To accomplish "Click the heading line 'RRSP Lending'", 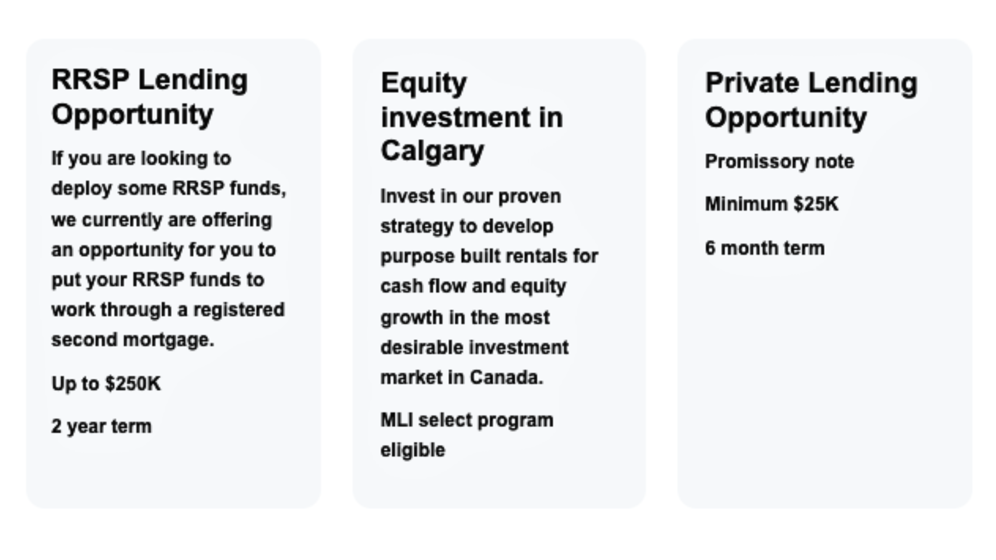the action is click(150, 80).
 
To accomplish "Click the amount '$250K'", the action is click(133, 384).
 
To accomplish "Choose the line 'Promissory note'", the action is click(779, 161).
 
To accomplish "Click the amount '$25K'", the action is click(816, 204).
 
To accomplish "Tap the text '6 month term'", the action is click(765, 248).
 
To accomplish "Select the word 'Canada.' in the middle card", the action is click(506, 377).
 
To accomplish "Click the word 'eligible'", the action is click(413, 450).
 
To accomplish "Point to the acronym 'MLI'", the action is click(397, 420).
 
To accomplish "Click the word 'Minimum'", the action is click(746, 204).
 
